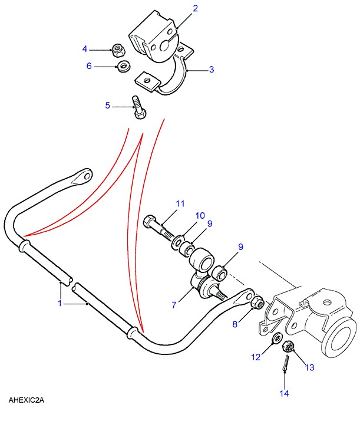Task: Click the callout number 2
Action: click(x=195, y=8)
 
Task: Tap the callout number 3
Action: click(x=211, y=70)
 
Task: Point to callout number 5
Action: click(x=108, y=106)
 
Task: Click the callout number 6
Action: click(x=89, y=66)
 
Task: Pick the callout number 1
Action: click(x=59, y=303)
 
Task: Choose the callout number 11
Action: click(x=180, y=204)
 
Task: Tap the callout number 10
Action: click(x=200, y=216)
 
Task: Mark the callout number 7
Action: click(x=174, y=305)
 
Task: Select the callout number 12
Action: click(x=255, y=357)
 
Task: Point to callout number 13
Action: click(x=309, y=367)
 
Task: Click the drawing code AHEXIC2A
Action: click(x=27, y=400)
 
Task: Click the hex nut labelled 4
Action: click(x=117, y=50)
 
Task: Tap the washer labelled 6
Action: click(x=124, y=67)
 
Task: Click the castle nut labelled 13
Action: click(x=289, y=347)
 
